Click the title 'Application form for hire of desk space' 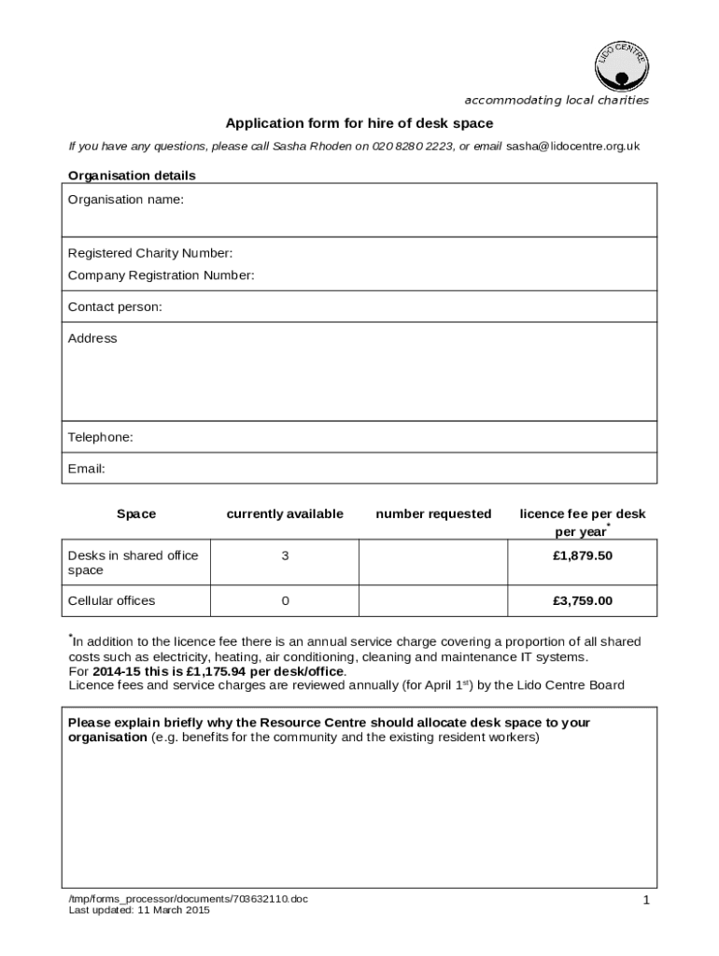(359, 123)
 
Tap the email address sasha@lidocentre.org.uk (572, 147)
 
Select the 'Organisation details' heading (132, 175)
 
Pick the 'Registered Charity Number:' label (150, 253)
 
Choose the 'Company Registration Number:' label (161, 275)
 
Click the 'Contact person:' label (115, 307)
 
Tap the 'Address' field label (92, 338)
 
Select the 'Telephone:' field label (101, 437)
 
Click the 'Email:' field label (87, 469)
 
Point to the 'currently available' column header (285, 513)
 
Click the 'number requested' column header (433, 513)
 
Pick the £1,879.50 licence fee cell (582, 555)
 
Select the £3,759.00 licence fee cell (582, 600)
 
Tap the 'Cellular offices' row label (112, 600)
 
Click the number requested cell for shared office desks (433, 563)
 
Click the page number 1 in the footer (645, 900)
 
